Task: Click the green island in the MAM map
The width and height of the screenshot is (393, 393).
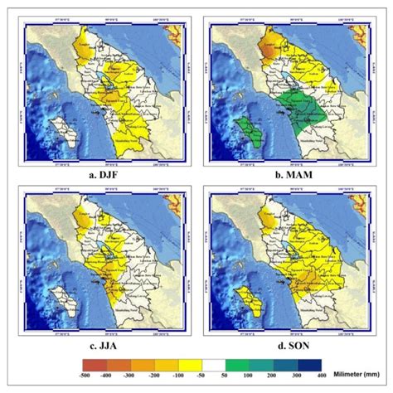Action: tap(245, 128)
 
